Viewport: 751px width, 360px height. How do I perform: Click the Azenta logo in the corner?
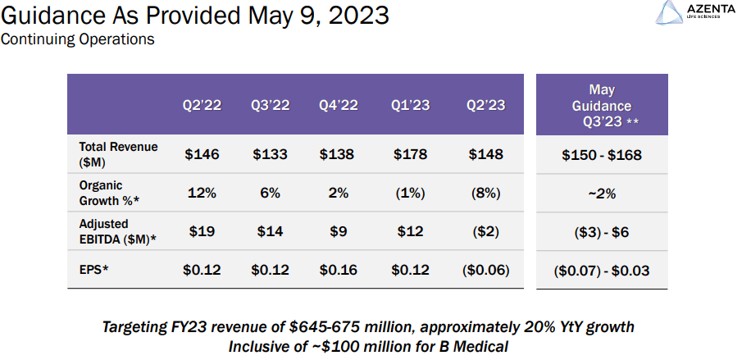695,12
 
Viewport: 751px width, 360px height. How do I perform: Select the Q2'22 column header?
202,105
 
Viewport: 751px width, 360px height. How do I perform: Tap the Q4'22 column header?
339,105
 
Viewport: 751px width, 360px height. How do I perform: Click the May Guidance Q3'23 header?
602,106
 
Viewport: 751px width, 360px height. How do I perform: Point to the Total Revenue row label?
118,154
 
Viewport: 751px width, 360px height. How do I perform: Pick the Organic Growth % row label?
109,193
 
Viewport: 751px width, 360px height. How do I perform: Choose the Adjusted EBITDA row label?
118,231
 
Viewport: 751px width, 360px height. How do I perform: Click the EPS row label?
93,270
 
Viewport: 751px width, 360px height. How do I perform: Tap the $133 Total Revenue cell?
270,154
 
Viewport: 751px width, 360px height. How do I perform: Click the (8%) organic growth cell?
485,194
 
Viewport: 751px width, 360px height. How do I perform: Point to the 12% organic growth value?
202,194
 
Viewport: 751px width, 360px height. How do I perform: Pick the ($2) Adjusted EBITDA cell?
485,231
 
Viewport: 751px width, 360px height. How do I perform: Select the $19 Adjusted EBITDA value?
202,231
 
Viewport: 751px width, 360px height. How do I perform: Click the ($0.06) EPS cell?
485,271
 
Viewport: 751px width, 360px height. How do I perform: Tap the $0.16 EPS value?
339,270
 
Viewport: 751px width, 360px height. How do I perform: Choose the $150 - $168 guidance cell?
602,155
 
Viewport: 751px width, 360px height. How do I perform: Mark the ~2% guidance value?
602,194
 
